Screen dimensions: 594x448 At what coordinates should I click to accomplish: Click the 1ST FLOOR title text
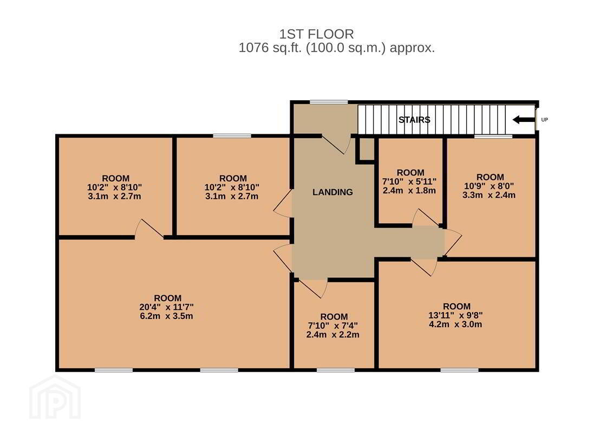coord(316,34)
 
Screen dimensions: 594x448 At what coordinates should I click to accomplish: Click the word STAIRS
coord(414,120)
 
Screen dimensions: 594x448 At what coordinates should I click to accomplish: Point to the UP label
coord(544,120)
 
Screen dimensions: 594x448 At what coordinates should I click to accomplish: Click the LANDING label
coord(332,192)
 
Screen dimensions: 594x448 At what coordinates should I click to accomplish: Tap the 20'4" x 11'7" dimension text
coord(167,307)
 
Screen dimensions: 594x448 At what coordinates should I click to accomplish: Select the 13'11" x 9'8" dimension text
coord(455,315)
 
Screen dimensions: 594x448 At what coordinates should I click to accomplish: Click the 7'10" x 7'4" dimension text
coord(333,326)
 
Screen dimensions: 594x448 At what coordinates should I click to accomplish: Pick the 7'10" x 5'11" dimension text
coord(409,181)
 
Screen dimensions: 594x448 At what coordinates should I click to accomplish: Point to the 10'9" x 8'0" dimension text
coord(489,186)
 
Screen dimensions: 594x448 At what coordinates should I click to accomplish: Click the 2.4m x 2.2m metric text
coord(333,335)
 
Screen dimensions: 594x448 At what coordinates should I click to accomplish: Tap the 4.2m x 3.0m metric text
coord(455,324)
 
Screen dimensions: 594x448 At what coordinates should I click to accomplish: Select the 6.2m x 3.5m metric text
coord(167,316)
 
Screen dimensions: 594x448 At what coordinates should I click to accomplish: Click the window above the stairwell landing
coord(329,102)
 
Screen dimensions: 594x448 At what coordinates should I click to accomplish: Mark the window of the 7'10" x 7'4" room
coord(336,370)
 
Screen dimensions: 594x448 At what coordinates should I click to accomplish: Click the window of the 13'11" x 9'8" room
coord(460,370)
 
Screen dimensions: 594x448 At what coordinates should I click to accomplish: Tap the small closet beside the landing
coord(367,148)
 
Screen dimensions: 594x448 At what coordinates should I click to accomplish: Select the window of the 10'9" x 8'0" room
coord(493,136)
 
